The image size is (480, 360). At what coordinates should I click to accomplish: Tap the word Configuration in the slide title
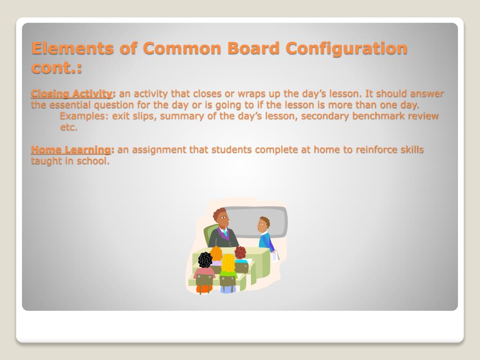346,48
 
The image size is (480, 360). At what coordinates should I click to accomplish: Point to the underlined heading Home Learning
71,150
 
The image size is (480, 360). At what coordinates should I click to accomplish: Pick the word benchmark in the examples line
378,116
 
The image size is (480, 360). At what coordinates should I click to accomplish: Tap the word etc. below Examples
68,127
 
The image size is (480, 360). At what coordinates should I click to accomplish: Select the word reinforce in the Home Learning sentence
377,150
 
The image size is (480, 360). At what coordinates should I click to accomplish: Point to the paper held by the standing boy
275,255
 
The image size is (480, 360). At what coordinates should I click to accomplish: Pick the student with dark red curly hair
240,253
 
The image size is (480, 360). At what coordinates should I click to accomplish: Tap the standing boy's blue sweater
265,241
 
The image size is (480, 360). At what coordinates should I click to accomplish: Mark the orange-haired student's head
216,253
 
